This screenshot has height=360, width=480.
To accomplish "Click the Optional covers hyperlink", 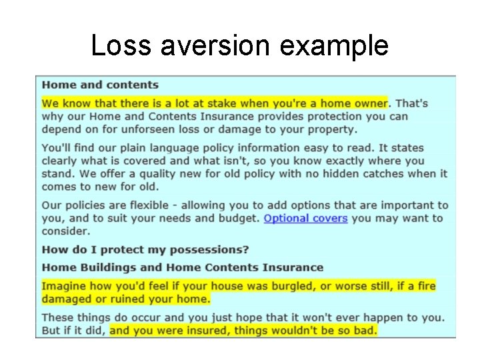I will tap(305, 219).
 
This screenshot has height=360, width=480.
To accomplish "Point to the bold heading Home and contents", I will tap(100, 85).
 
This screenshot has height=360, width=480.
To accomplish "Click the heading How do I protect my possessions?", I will tap(145, 250).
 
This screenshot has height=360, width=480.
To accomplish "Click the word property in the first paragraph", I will tap(332, 129).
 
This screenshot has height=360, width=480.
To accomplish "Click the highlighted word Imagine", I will tap(63, 286).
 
